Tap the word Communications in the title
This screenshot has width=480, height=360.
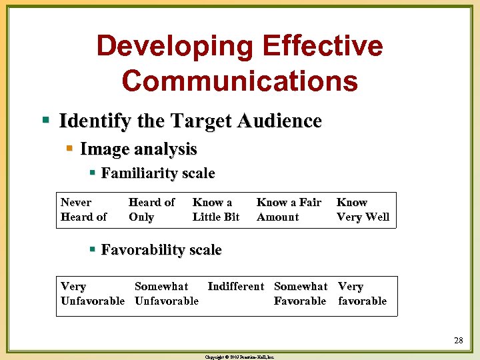pos(240,80)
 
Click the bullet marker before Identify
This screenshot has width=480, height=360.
pos(46,121)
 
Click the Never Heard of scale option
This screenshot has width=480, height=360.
pos(83,209)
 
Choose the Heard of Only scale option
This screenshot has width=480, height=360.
pos(151,209)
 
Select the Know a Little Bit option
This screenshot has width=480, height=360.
pos(215,209)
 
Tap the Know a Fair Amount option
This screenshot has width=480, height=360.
pos(289,209)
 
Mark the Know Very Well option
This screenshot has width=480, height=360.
pos(363,209)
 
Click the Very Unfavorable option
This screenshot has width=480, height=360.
pos(92,293)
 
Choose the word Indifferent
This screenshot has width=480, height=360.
pos(236,287)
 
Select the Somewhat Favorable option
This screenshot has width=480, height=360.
pos(301,293)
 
